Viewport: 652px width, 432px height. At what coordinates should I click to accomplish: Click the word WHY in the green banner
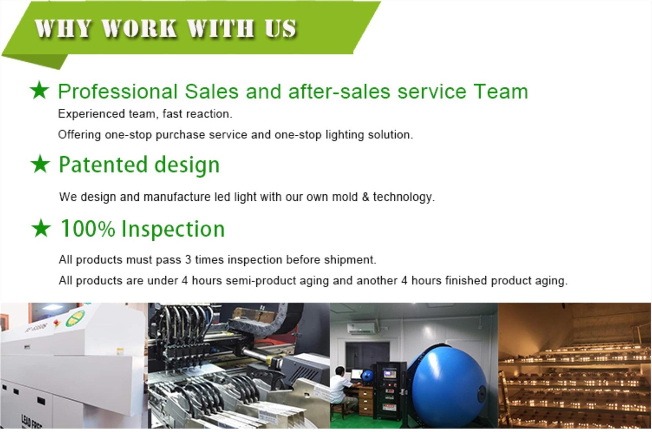tap(62, 28)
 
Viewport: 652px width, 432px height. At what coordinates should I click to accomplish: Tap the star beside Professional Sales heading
tap(39, 90)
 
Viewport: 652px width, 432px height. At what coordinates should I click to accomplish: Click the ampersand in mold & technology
tap(365, 197)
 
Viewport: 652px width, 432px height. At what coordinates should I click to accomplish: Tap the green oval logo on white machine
tap(75, 318)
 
